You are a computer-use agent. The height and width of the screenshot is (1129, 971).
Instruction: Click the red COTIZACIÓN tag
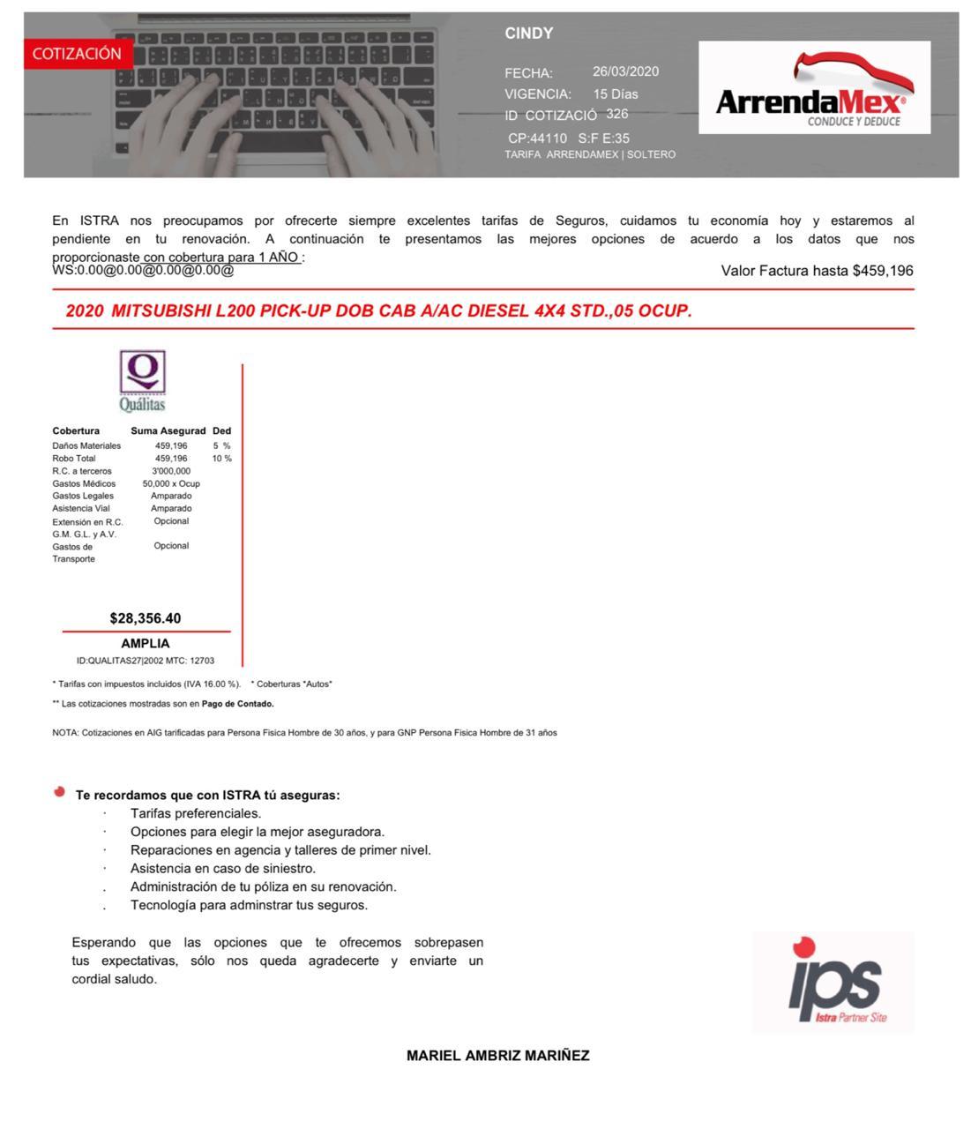(x=77, y=54)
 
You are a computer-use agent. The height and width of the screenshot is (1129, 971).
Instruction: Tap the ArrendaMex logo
(x=814, y=88)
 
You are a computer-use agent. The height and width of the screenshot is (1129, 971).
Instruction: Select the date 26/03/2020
(x=625, y=71)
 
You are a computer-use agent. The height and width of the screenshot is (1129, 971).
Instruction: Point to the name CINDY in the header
(x=528, y=34)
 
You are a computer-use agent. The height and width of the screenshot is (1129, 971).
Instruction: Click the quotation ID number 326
(x=617, y=114)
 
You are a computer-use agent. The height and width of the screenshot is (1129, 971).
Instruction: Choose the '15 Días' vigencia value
(x=615, y=93)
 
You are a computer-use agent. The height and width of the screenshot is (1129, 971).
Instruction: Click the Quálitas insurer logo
(x=142, y=381)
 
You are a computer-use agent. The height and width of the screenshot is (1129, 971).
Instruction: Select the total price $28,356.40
(x=146, y=618)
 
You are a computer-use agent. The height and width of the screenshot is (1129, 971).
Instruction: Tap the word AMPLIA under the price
(x=146, y=644)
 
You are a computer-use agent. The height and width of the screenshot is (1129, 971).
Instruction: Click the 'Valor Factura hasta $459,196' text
(x=817, y=271)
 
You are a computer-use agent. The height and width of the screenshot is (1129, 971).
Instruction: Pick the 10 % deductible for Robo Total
(x=221, y=459)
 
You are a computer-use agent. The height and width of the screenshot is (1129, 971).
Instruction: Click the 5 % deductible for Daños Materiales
(x=221, y=446)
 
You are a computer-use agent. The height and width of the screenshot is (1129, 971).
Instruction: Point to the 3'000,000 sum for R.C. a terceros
(x=171, y=471)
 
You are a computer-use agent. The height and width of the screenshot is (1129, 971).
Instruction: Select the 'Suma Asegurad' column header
(x=168, y=431)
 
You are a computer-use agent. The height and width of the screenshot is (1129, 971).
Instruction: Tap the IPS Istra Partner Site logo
(x=833, y=982)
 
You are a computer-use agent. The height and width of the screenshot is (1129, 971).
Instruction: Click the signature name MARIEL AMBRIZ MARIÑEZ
(x=497, y=1056)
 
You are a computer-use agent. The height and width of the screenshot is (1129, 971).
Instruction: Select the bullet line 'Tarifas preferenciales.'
(x=196, y=813)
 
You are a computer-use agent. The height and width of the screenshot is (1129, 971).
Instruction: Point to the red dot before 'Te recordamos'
(x=59, y=792)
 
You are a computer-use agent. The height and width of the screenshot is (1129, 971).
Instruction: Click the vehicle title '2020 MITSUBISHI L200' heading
(x=378, y=311)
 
